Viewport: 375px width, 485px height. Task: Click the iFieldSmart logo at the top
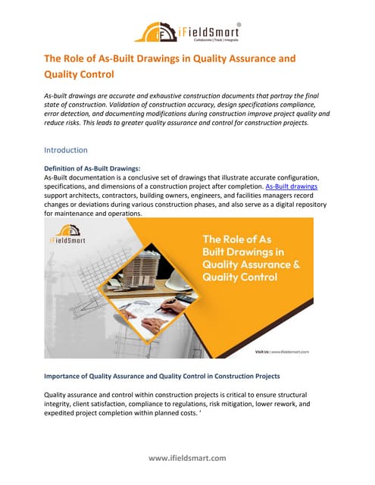(x=187, y=32)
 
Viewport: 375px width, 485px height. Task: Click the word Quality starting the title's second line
(x=66, y=74)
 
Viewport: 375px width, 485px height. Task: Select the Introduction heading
(x=66, y=150)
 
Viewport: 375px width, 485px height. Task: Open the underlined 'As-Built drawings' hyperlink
(x=292, y=186)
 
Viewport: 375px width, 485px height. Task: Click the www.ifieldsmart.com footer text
(x=187, y=458)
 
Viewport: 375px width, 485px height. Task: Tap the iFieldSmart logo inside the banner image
(x=70, y=240)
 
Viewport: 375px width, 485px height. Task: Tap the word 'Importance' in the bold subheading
(x=70, y=377)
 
